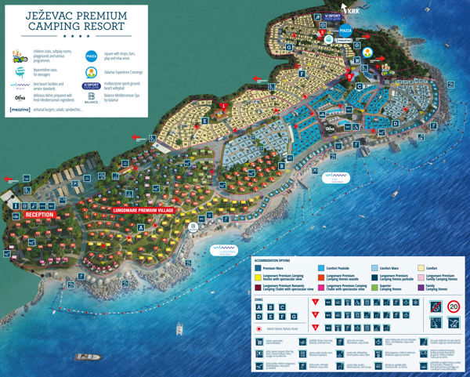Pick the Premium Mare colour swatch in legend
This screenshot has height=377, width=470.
pyautogui.click(x=258, y=268)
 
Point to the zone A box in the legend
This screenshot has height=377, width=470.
pyautogui.click(x=258, y=307)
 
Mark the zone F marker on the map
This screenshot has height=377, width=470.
pyautogui.click(x=302, y=74)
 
